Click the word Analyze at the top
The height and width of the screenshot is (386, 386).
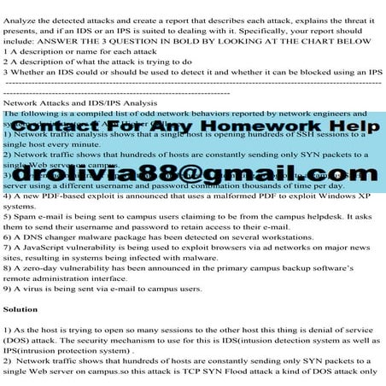pos(21,9)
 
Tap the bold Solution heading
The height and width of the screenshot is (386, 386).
pos(21,308)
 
